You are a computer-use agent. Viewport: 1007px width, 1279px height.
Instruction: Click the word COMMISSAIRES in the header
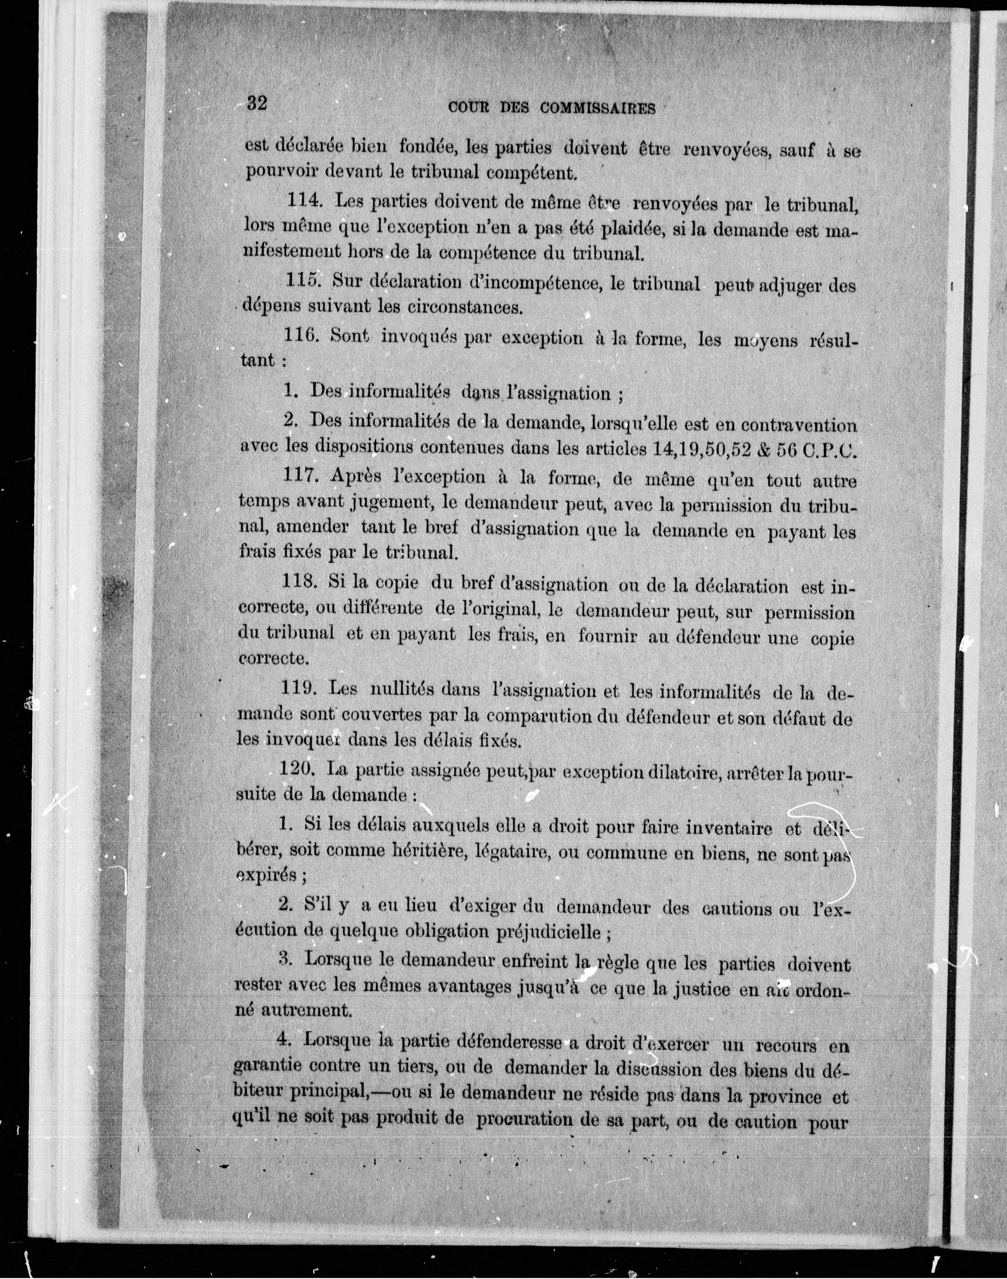coord(597,108)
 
